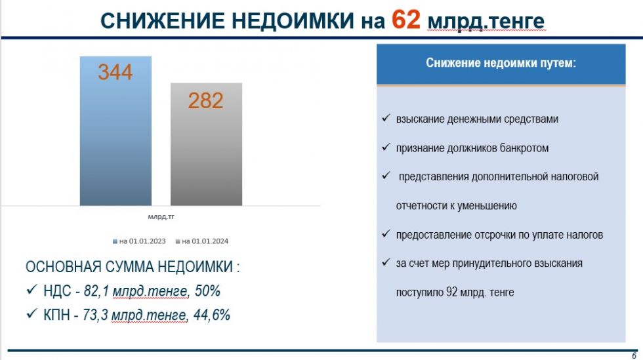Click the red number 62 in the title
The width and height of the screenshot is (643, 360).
[x=405, y=19]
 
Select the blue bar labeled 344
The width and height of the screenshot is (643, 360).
[x=115, y=130]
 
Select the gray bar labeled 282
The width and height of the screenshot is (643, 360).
[x=206, y=144]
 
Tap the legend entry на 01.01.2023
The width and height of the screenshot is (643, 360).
[x=139, y=241]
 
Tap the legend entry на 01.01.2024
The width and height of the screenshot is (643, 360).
[x=202, y=241]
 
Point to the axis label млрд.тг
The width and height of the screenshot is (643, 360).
[x=161, y=216]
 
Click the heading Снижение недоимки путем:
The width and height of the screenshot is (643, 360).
[x=501, y=63]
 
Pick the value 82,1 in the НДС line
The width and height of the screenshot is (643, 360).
[x=96, y=290]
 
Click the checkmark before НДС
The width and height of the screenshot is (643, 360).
[x=31, y=290]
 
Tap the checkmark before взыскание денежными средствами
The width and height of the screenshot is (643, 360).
[x=386, y=118]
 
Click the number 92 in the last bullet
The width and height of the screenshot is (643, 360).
[x=451, y=292]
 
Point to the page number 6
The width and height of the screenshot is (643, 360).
[x=634, y=355]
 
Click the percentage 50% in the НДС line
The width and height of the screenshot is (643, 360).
[x=207, y=290]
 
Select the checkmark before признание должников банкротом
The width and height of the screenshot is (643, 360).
[x=386, y=147]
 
